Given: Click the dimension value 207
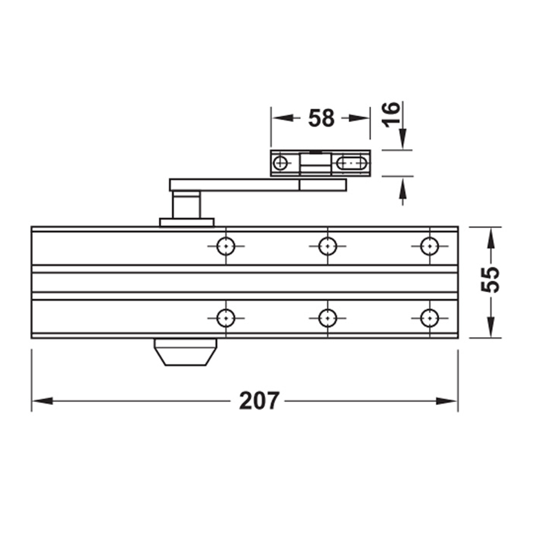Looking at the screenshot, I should [x=259, y=400].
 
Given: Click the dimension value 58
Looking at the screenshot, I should [x=321, y=118].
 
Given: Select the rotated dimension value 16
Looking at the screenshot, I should [x=392, y=114].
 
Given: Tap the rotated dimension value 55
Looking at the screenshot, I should [x=490, y=279].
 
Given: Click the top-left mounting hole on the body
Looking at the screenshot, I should [x=226, y=246].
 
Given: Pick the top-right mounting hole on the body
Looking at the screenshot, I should [x=429, y=246].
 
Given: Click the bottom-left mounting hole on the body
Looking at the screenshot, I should [x=226, y=318].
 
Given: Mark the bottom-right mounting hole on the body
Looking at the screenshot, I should [x=429, y=318].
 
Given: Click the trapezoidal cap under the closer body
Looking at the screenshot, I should [x=185, y=353].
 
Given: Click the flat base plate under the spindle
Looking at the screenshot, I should [x=186, y=222].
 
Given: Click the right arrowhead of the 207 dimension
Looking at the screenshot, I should [x=447, y=401].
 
